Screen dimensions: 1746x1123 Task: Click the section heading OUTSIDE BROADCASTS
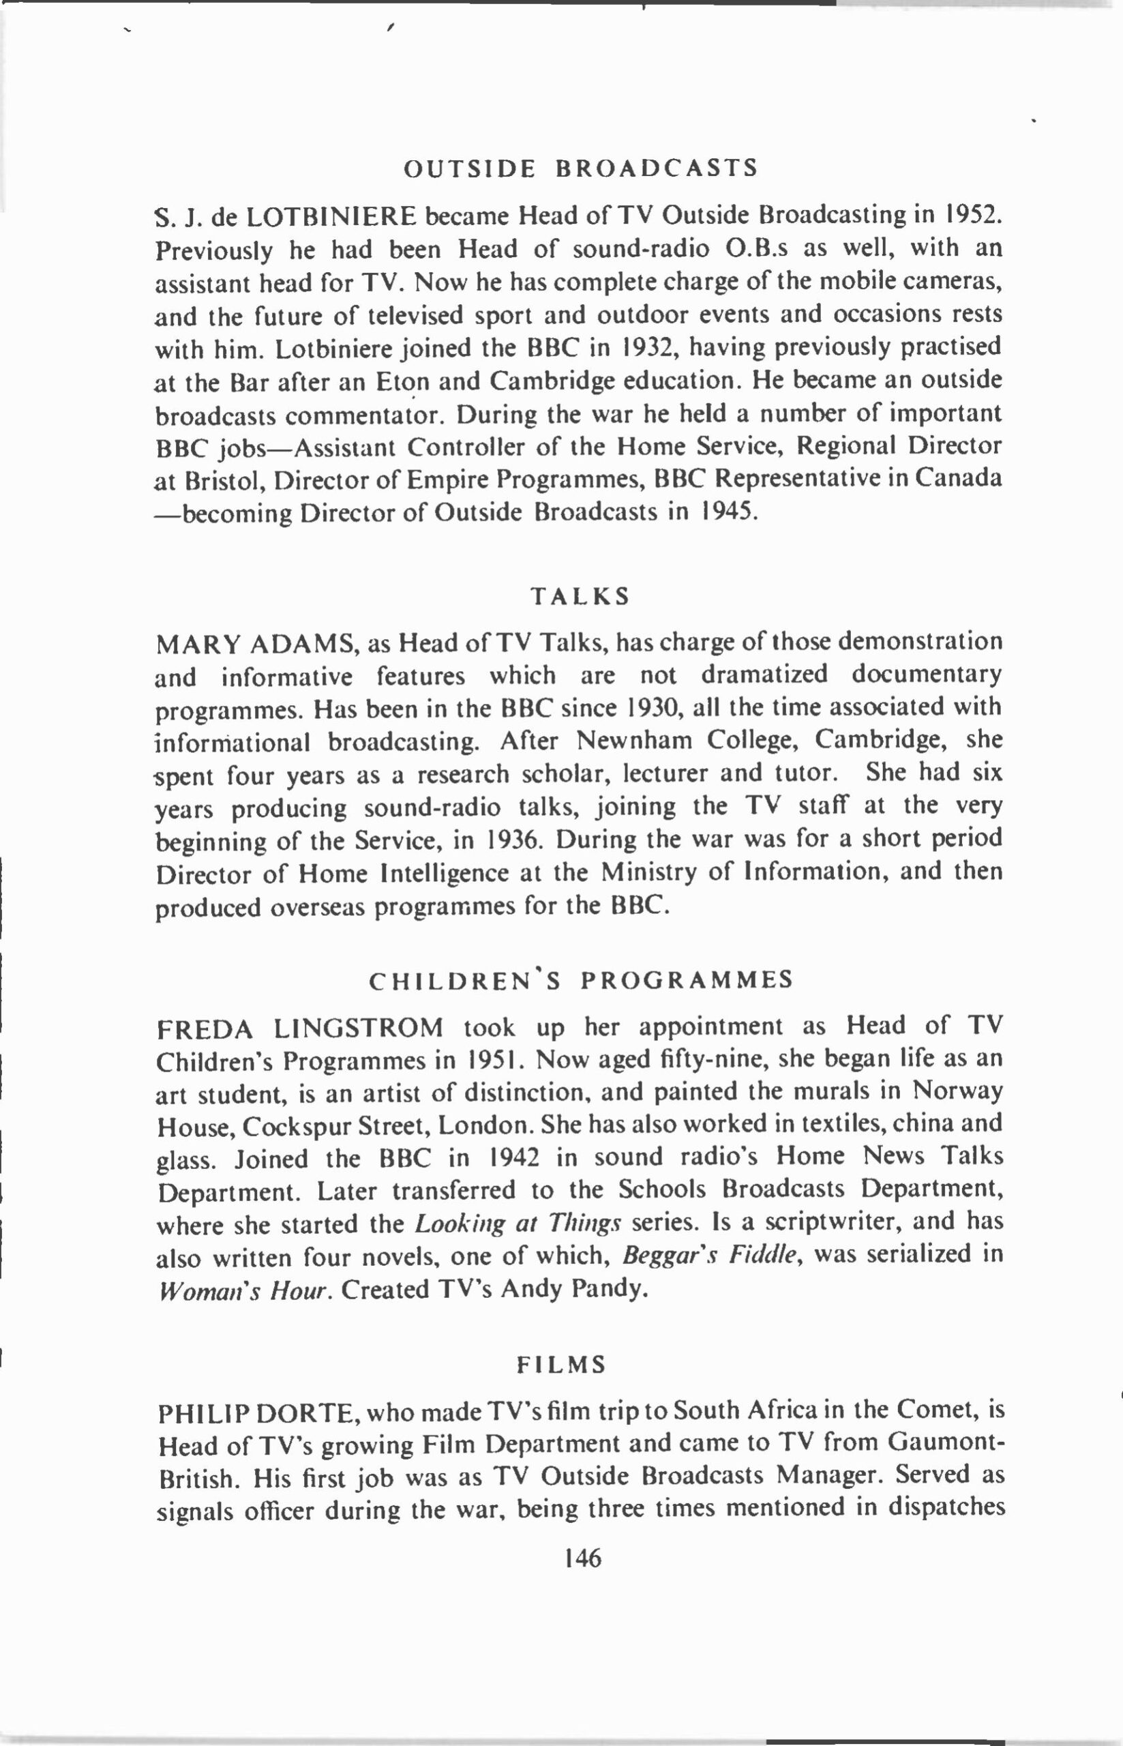(580, 168)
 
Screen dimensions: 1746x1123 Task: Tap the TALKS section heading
(580, 597)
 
